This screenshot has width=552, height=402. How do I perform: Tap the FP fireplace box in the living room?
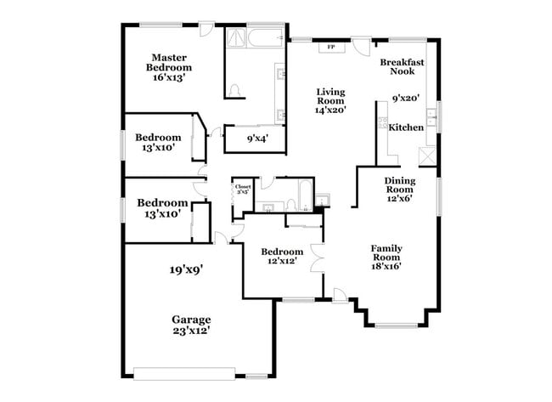(x=329, y=48)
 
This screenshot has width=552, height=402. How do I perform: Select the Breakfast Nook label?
(x=402, y=67)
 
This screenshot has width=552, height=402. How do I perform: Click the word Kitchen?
(x=406, y=127)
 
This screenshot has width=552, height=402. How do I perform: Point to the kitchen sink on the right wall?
(x=432, y=116)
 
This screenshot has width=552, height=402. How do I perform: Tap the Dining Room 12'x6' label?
(x=400, y=190)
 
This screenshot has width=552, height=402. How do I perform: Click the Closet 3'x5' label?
(x=243, y=189)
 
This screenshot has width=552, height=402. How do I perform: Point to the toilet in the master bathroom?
(x=236, y=90)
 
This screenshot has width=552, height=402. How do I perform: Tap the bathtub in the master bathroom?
(x=264, y=37)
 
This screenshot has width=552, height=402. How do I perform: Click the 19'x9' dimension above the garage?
(x=184, y=270)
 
